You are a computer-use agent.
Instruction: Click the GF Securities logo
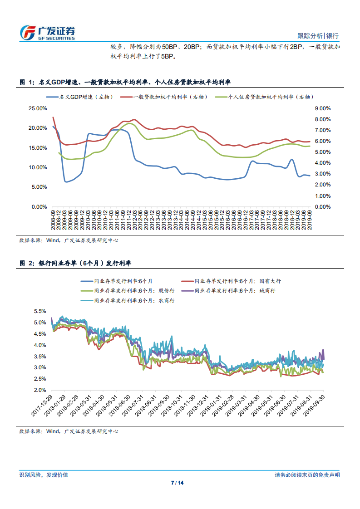[48, 32]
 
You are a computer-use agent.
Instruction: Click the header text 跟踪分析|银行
[318, 36]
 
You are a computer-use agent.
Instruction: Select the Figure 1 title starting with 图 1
[125, 83]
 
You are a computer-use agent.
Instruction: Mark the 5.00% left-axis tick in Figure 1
[39, 187]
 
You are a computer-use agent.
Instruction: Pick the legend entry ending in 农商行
[132, 300]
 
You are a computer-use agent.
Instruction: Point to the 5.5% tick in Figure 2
[40, 312]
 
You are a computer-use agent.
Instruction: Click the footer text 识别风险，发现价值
[44, 475]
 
